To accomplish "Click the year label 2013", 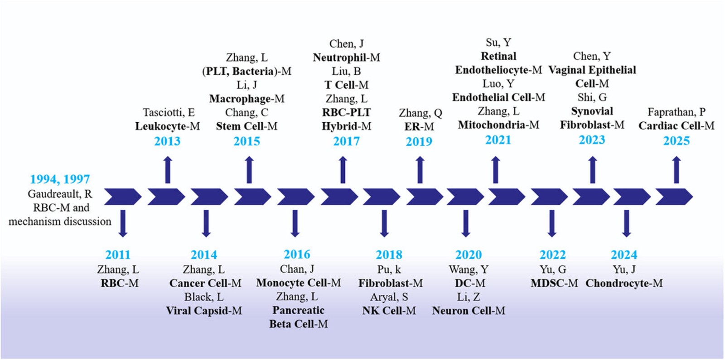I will [167, 141].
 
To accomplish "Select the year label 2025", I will [676, 141].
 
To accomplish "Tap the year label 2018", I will [389, 254].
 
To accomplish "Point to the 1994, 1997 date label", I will [60, 179].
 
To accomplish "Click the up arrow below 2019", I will [420, 170].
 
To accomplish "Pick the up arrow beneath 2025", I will [677, 170].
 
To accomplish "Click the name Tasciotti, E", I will [169, 112].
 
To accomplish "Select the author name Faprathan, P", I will [676, 112].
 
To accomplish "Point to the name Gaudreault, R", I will [60, 194].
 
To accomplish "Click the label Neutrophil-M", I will [346, 58].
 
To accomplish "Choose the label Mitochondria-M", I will [498, 125].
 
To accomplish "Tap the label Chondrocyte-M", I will [624, 283].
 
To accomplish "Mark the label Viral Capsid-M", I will [204, 311].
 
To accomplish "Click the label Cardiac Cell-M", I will [676, 125].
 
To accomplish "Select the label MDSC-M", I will [554, 283].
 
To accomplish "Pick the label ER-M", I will [419, 126].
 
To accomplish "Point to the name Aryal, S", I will [389, 297].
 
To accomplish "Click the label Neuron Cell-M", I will [469, 311].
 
